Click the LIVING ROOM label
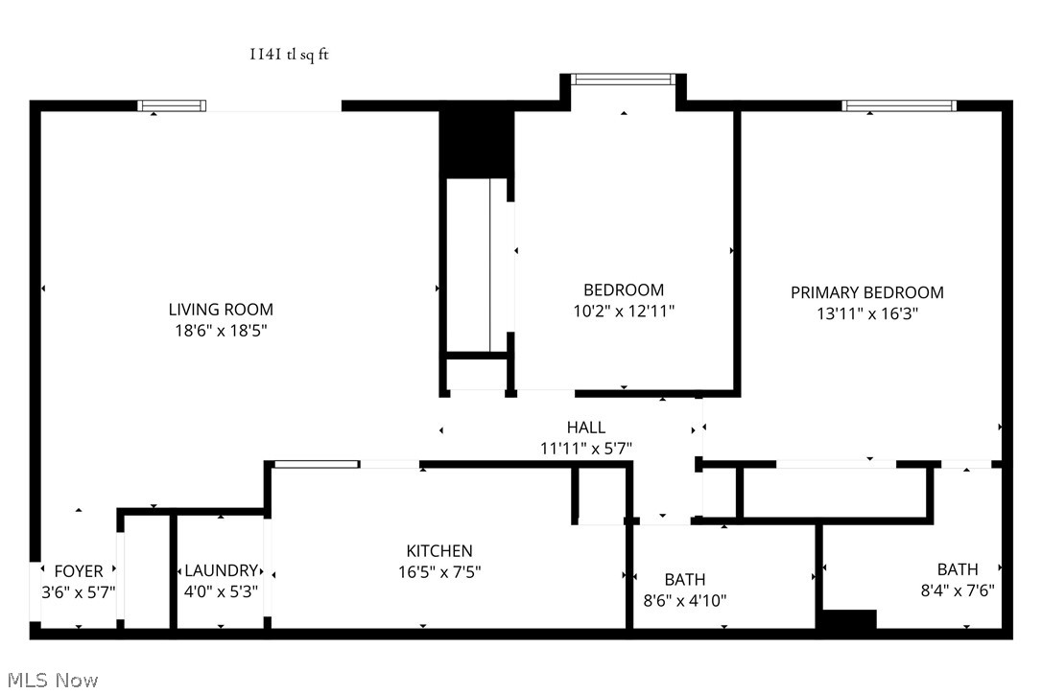click(221, 310)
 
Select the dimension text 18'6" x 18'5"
click(221, 331)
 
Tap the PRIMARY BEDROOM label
click(866, 292)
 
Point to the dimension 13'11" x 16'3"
click(866, 313)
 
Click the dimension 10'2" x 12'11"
click(624, 311)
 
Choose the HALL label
click(585, 428)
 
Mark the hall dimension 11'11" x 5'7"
click(585, 448)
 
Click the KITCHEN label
click(439, 551)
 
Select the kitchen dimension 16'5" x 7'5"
click(439, 572)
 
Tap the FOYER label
click(79, 571)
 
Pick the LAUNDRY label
click(222, 571)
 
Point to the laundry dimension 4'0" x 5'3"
click(222, 592)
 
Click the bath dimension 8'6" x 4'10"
click(685, 601)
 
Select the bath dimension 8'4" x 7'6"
click(957, 590)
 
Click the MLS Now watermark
click(50, 681)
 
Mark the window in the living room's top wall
click(172, 106)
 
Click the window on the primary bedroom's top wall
click(899, 106)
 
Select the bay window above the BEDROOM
click(624, 80)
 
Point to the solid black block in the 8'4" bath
click(849, 621)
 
